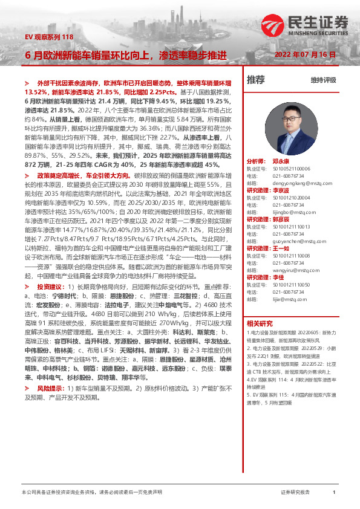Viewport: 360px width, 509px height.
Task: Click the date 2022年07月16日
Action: tap(305, 54)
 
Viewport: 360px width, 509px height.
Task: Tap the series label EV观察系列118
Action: tap(48, 37)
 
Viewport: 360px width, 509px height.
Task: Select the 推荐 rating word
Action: tap(256, 79)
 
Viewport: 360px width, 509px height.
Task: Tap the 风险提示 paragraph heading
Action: tap(49, 386)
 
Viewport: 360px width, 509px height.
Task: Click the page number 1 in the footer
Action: tap(335, 493)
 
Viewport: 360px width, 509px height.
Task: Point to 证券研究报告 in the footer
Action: tap(295, 493)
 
